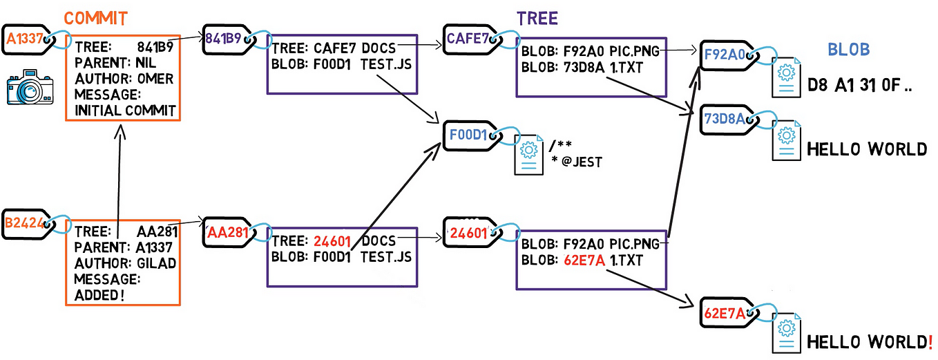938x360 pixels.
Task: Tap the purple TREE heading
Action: pyautogui.click(x=538, y=19)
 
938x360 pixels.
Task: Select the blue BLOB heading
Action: pyautogui.click(x=848, y=50)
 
